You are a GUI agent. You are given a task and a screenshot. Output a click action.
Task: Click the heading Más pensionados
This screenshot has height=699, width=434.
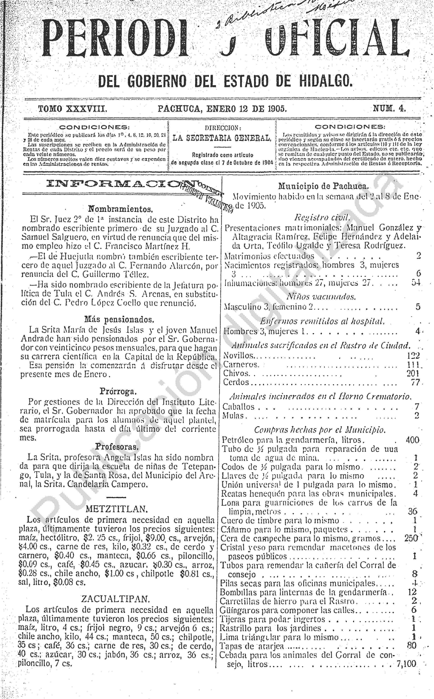pos(119,319)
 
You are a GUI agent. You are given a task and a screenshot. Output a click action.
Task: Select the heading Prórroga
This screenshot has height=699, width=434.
pos(118,391)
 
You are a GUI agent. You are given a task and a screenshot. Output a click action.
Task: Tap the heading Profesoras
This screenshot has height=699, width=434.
pos(117,447)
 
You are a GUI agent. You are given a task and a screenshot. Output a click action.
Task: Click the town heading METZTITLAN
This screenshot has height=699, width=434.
pos(116,509)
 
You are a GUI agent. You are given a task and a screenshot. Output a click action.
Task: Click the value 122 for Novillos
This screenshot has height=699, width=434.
pos(413,356)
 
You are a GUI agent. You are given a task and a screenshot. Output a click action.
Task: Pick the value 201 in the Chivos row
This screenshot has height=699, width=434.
pos(413,373)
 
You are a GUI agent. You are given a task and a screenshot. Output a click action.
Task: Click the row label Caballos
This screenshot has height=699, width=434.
pos(239,407)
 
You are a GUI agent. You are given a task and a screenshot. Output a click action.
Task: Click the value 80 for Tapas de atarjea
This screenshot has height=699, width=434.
pos(412,645)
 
